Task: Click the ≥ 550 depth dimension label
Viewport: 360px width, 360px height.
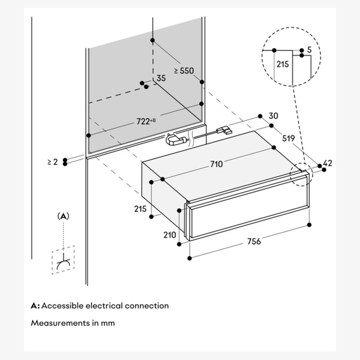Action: tap(184, 70)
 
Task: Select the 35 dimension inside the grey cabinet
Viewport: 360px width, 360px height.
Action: tap(161, 79)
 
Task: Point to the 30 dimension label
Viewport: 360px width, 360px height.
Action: tap(274, 116)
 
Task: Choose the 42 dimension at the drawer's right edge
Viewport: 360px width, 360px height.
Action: tap(328, 163)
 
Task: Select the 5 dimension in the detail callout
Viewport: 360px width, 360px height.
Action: tap(308, 50)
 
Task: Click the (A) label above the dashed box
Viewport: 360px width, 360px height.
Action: tap(63, 215)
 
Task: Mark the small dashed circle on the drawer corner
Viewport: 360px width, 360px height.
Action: tap(298, 174)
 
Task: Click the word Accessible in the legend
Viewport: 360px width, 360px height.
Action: tap(63, 305)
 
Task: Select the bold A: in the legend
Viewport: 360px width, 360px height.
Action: tap(35, 305)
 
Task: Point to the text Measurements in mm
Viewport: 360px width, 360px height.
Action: tap(73, 323)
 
